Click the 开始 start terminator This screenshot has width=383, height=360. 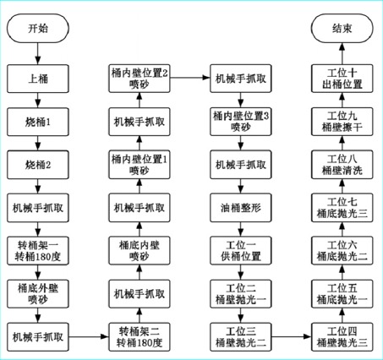click(x=38, y=29)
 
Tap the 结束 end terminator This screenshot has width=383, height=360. click(x=342, y=29)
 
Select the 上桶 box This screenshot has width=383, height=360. click(x=38, y=79)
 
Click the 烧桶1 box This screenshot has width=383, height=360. click(x=38, y=122)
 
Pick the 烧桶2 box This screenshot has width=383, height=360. click(x=38, y=165)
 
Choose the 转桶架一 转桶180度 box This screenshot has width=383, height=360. click(x=38, y=251)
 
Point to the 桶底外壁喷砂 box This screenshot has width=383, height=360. click(x=38, y=294)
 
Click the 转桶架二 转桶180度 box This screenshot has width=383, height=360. click(x=140, y=337)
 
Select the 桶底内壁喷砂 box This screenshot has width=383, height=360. click(x=140, y=251)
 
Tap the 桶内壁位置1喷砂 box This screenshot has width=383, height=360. click(x=140, y=165)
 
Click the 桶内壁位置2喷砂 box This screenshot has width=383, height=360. click(x=140, y=79)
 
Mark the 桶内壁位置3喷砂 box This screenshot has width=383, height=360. click(x=241, y=122)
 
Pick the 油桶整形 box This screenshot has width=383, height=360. click(x=241, y=208)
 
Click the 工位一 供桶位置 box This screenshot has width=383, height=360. click(x=241, y=251)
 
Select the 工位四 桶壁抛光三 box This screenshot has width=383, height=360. click(x=342, y=337)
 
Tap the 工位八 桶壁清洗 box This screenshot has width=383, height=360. click(x=342, y=165)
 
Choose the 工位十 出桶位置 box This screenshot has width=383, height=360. click(x=342, y=79)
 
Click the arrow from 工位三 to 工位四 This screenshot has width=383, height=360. click(x=292, y=336)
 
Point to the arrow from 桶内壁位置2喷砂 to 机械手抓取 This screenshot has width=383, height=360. click(x=190, y=77)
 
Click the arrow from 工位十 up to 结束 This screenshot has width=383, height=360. click(x=342, y=53)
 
